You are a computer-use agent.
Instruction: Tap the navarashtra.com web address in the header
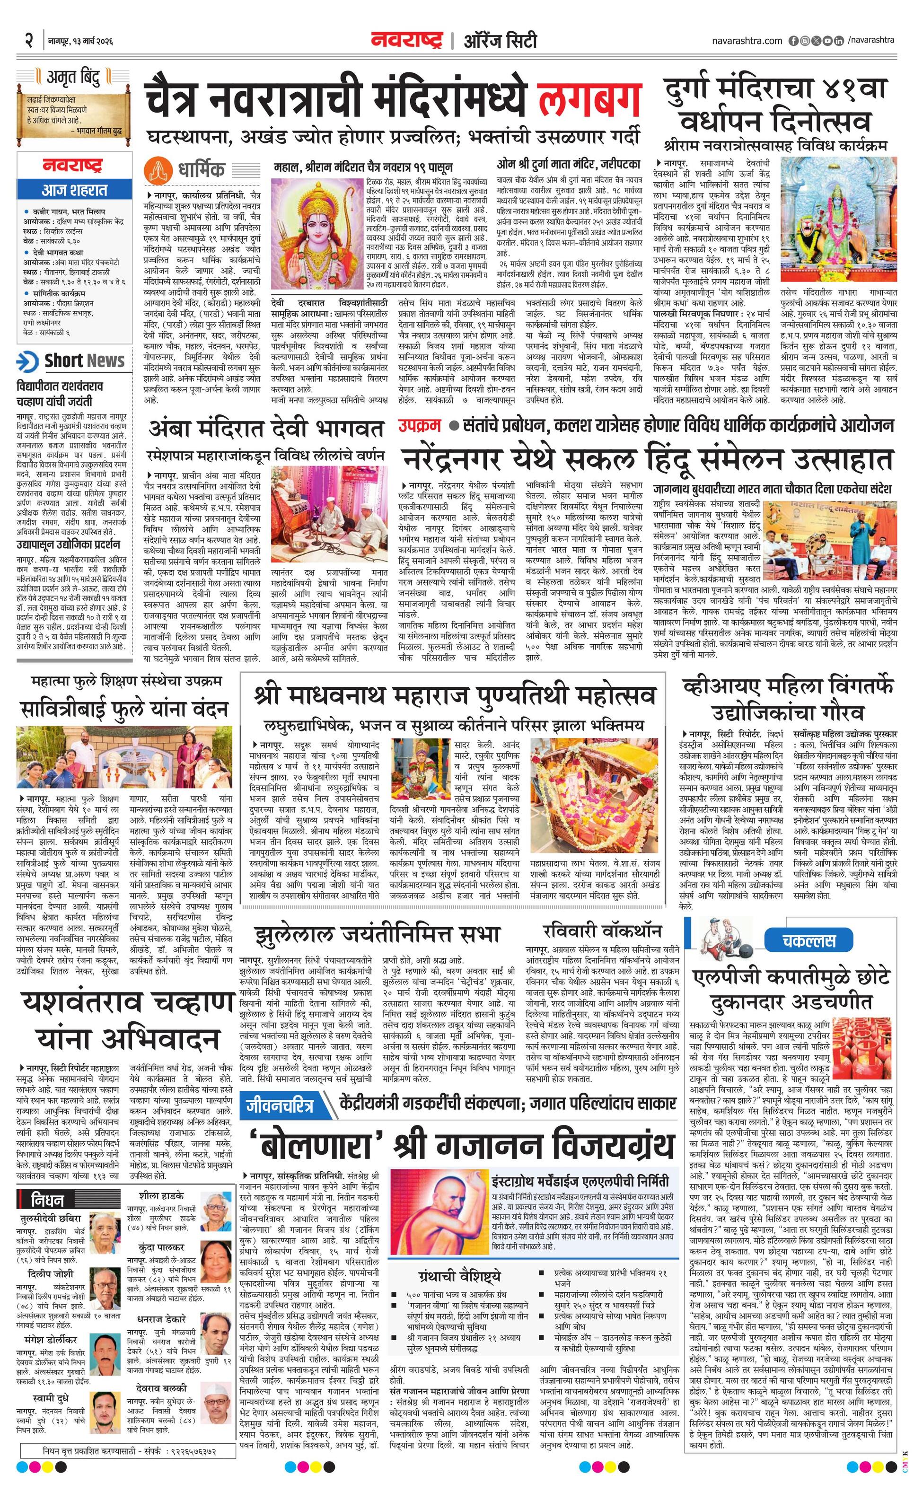click(x=747, y=41)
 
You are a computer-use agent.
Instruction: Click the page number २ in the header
click(x=28, y=41)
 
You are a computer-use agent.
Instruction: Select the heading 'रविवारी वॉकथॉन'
click(x=602, y=931)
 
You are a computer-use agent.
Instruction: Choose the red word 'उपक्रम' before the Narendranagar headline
click(x=420, y=425)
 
